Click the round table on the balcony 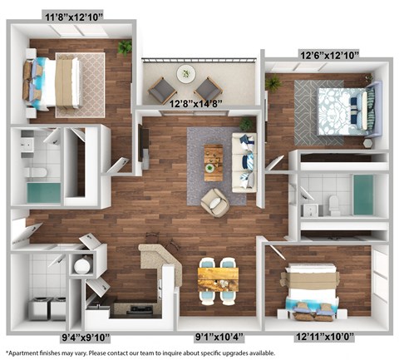pyautogui.click(x=185, y=75)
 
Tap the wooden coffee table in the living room pyautogui.click(x=214, y=162)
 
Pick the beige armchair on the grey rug pyautogui.click(x=214, y=203)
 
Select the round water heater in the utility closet pyautogui.click(x=81, y=267)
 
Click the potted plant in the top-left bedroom pyautogui.click(x=125, y=47)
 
